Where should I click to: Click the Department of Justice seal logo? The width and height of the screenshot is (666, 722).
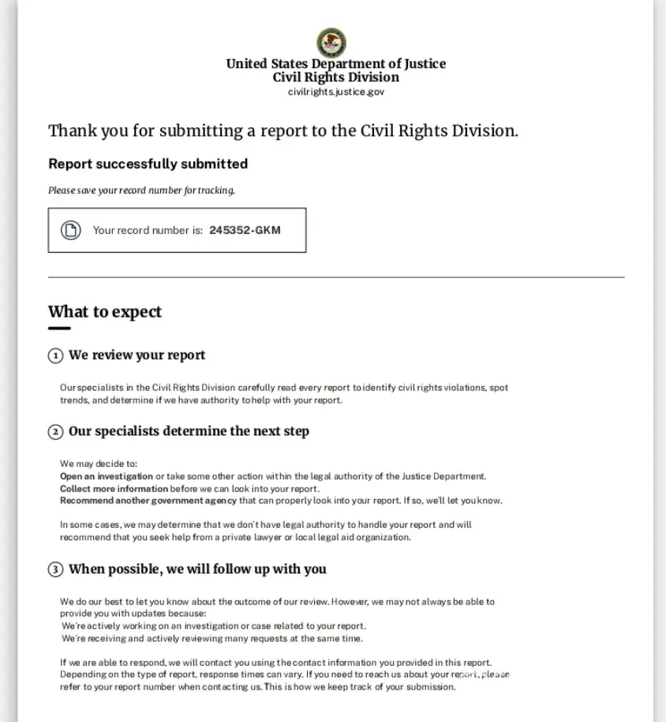click(x=331, y=43)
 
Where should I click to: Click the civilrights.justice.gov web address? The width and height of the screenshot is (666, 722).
click(x=336, y=92)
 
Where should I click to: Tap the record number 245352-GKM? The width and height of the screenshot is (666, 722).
click(x=245, y=231)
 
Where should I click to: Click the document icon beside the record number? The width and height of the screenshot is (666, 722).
click(x=71, y=231)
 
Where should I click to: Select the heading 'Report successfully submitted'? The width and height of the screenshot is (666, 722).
click(x=148, y=164)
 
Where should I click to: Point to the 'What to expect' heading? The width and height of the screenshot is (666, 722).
click(x=105, y=312)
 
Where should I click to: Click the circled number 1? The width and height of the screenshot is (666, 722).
click(x=55, y=356)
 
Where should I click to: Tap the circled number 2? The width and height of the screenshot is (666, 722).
click(x=55, y=432)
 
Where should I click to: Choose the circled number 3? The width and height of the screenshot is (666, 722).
click(x=55, y=570)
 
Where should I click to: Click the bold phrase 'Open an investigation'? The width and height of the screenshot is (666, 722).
click(x=107, y=476)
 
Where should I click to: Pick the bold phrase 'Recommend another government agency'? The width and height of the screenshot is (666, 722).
click(x=148, y=501)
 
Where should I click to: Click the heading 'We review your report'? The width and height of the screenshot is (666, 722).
click(x=137, y=355)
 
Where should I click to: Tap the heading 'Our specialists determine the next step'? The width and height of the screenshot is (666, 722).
click(x=189, y=431)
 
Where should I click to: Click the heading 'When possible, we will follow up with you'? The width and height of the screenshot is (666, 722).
click(x=197, y=569)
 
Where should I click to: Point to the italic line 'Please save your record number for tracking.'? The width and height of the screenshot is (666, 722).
click(x=142, y=190)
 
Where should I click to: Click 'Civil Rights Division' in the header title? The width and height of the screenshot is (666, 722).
click(x=336, y=77)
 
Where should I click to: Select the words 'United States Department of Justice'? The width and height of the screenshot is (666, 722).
click(x=336, y=64)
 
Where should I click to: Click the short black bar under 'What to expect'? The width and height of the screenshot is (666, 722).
click(x=59, y=329)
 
